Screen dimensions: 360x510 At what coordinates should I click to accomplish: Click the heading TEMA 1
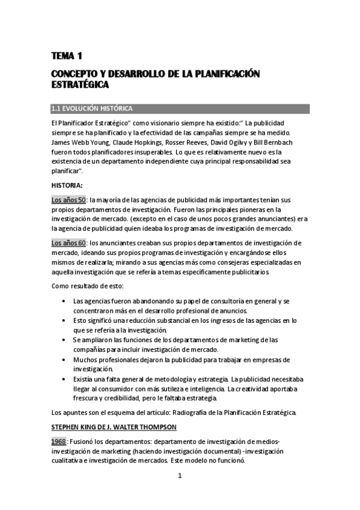coord(66,57)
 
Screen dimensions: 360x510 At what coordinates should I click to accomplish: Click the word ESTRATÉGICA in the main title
coord(80,85)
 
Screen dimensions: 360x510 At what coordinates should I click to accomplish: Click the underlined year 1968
coord(58,441)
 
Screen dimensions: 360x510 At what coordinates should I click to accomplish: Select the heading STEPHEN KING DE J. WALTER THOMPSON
coord(113,427)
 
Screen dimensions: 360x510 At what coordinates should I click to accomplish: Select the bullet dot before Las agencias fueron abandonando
coord(63,301)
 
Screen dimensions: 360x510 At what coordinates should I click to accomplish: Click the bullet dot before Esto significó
coord(63,321)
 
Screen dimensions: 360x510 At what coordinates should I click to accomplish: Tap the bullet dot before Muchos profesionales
coord(63,359)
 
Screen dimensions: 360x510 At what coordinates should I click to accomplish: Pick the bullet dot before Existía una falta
coord(63,378)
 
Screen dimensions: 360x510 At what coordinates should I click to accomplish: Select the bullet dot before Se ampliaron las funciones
coord(63,340)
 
